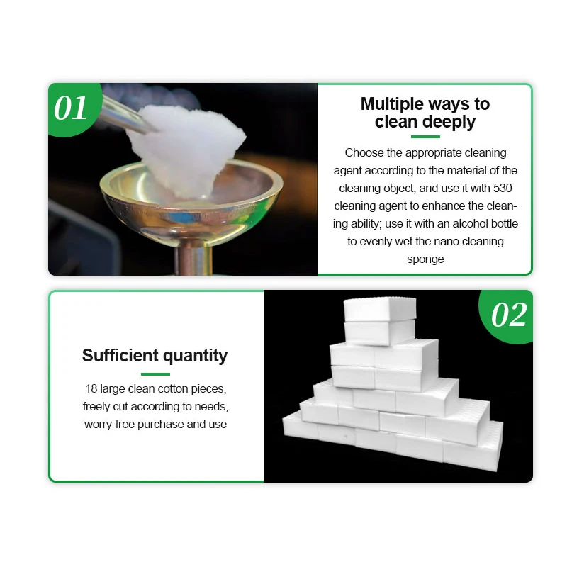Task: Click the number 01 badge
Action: point(71,108)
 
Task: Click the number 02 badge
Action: point(509,315)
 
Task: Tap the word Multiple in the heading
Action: point(391,104)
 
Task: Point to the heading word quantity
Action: point(196,356)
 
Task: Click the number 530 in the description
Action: point(506,188)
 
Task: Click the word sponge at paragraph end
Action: point(425,259)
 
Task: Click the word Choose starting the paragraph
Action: point(363,152)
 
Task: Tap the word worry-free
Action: point(111,424)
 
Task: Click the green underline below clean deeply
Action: point(425,137)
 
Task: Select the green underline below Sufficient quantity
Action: point(155,374)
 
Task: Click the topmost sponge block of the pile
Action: point(378,309)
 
